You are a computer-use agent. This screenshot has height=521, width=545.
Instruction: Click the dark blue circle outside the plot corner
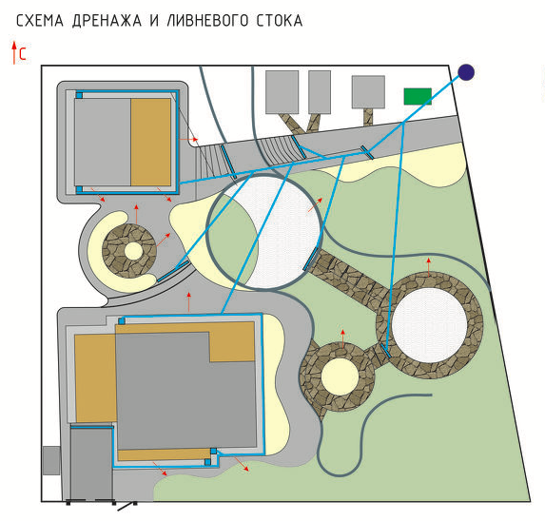click(466, 72)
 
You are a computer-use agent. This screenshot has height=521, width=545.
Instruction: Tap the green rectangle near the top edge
click(418, 96)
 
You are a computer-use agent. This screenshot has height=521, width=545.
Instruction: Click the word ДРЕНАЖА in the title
click(107, 21)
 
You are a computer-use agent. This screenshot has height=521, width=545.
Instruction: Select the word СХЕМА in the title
click(40, 21)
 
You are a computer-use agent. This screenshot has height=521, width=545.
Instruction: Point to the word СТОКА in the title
click(280, 21)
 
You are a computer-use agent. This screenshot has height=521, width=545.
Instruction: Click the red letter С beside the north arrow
click(23, 54)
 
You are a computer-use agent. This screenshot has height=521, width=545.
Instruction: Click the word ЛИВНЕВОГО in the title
click(207, 21)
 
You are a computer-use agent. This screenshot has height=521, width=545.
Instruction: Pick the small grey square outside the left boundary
click(51, 460)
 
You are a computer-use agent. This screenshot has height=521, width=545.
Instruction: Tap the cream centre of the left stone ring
click(133, 251)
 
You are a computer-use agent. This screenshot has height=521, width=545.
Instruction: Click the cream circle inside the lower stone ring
click(340, 376)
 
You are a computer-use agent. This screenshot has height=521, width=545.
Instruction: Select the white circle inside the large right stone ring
click(430, 325)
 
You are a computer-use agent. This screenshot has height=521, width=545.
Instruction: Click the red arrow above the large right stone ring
click(429, 267)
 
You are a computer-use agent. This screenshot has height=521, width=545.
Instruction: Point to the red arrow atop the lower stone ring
click(343, 339)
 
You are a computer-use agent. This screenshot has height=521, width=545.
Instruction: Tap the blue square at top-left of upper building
click(79, 95)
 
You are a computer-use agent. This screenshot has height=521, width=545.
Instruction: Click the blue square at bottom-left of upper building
click(79, 189)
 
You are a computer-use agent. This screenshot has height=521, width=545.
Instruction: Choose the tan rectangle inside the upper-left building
click(151, 142)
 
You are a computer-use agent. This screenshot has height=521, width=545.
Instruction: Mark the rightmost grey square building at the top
click(368, 92)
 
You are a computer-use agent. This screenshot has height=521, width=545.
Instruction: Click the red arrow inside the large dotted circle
click(315, 205)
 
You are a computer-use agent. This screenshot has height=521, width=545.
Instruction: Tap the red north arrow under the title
click(14, 53)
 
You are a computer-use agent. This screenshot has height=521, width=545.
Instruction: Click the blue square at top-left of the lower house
click(122, 321)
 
